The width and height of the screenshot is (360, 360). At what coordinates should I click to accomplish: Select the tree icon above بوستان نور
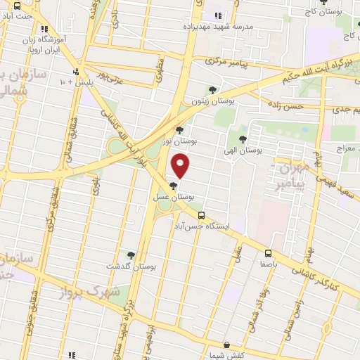179,130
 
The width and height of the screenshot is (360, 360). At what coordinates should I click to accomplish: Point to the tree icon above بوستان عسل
173,186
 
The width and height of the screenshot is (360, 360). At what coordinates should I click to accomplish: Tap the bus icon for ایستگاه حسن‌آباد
202,215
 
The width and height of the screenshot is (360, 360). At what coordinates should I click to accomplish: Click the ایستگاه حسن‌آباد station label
201,226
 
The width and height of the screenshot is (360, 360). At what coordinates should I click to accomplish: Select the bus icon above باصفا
268,253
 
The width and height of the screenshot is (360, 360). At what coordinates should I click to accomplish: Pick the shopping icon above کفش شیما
226,345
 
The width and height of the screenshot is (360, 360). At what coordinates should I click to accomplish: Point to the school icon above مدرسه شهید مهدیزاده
217,15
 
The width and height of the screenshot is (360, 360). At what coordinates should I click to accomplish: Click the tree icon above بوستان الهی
243,139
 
